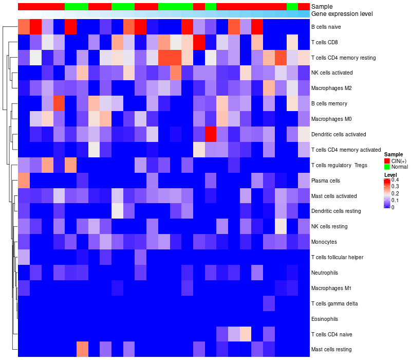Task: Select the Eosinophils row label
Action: click(324, 319)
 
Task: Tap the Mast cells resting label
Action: click(331, 350)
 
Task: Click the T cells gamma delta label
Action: click(334, 303)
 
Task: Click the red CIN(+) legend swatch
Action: click(387, 161)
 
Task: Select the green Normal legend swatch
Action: click(387, 167)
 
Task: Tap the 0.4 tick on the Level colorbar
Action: click(395, 180)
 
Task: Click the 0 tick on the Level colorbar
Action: click(393, 207)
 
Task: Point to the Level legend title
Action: click(390, 175)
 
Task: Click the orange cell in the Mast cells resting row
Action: click(82, 350)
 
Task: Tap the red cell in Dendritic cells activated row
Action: click(210, 134)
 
